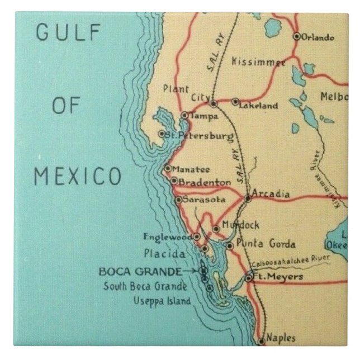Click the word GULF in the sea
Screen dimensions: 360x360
pyautogui.click(x=63, y=33)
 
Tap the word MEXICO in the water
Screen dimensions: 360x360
pyautogui.click(x=78, y=176)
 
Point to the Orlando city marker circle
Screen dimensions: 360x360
pyautogui.click(x=296, y=36)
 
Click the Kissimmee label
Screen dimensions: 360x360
pyautogui.click(x=258, y=61)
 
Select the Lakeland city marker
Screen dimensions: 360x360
pyautogui.click(x=235, y=102)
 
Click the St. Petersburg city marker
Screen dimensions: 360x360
pyautogui.click(x=162, y=134)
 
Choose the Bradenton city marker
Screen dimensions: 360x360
pyautogui.click(x=174, y=181)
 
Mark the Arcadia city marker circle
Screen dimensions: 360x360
pyautogui.click(x=248, y=198)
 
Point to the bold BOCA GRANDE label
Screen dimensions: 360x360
pyautogui.click(x=140, y=272)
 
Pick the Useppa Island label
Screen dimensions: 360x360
pyautogui.click(x=162, y=301)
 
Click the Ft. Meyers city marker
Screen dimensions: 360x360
pyautogui.click(x=249, y=278)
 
